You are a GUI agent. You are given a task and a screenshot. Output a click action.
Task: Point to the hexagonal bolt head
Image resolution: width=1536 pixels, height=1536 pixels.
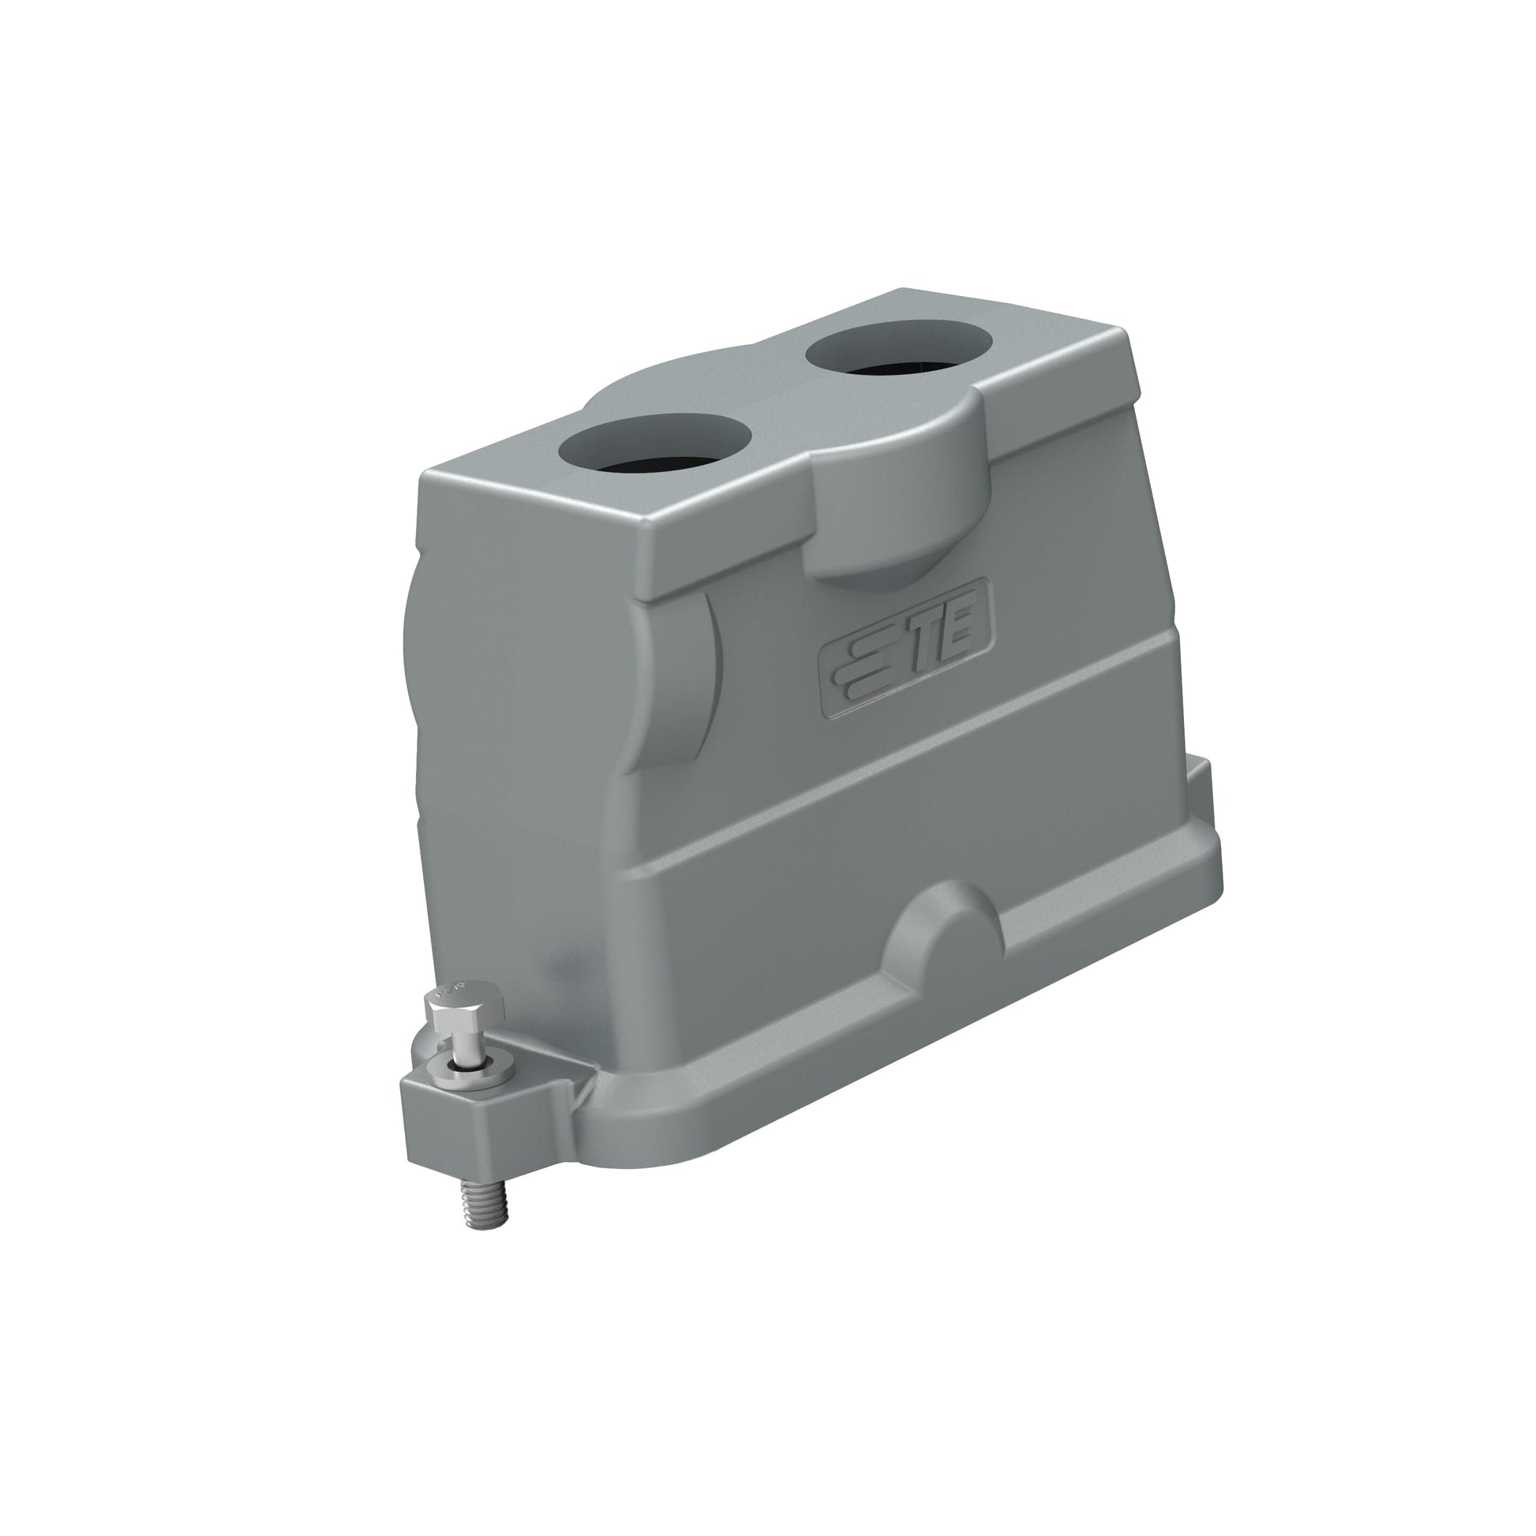click(464, 1007)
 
